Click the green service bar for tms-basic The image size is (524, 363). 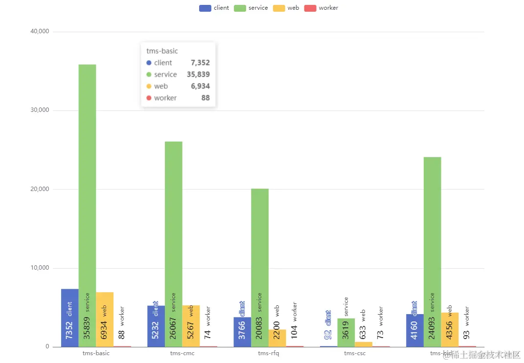coord(87,195)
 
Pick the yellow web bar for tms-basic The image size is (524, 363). coord(105,318)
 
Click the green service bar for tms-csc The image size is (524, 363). coord(346,332)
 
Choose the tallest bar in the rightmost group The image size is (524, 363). coord(433,244)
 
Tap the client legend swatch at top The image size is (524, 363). coord(205,8)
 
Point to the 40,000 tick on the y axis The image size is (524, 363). coord(40,32)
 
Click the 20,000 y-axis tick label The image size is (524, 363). coord(40,190)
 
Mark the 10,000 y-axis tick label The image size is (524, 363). coord(40,268)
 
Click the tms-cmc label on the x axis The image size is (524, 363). coord(182,353)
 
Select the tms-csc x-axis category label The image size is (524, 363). coord(355,353)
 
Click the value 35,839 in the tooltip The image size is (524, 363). coord(198,74)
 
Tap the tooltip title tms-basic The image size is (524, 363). coord(162,51)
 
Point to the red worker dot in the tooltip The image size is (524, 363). coord(149,98)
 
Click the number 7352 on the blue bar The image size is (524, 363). coord(69,330)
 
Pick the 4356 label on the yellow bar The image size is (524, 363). coord(450,330)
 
